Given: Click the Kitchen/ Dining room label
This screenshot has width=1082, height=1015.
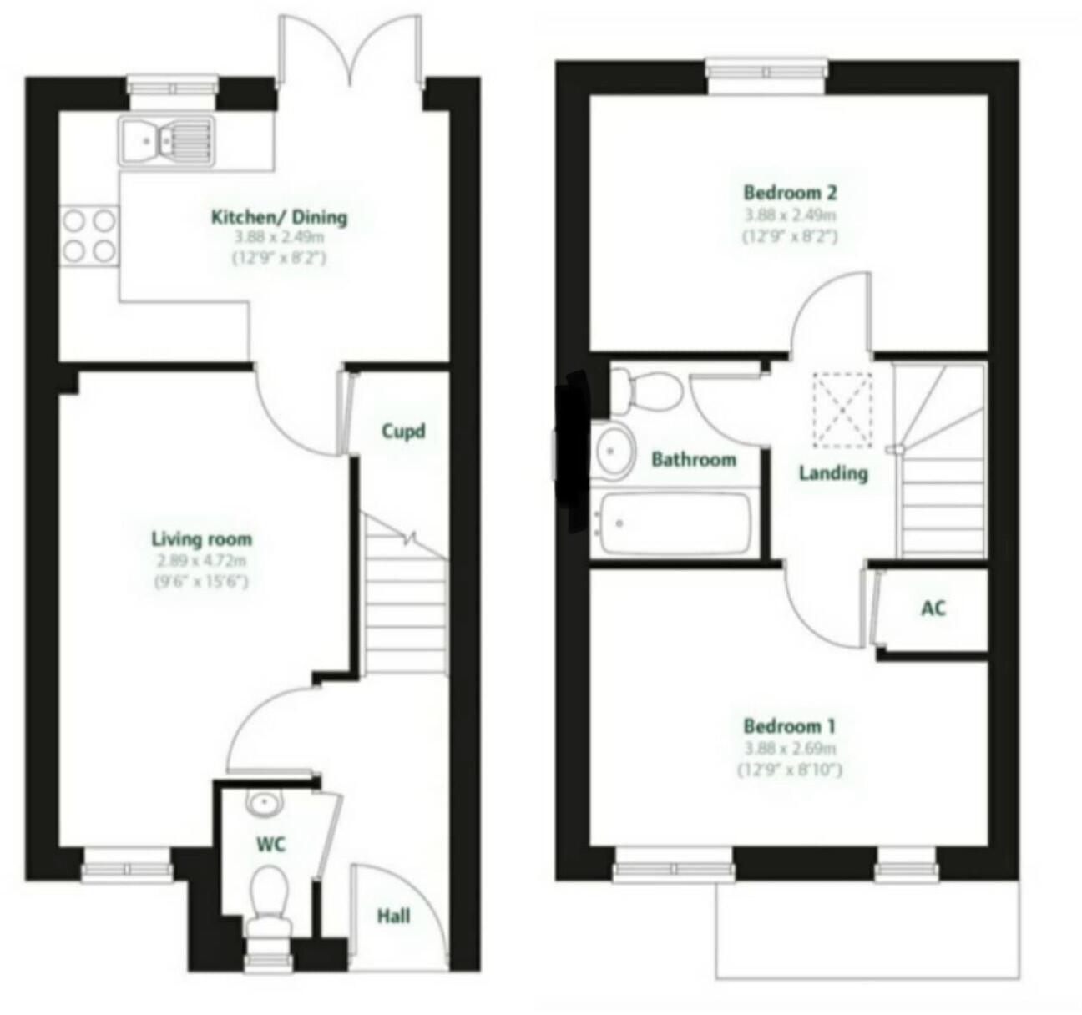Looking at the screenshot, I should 279,218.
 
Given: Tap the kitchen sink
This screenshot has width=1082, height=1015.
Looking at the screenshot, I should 166,140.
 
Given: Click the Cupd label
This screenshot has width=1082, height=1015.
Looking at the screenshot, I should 403,432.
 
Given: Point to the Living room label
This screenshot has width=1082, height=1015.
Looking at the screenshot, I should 201,539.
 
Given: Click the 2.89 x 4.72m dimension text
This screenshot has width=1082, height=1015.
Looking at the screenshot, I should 201,561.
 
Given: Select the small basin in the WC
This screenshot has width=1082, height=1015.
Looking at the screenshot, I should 261,804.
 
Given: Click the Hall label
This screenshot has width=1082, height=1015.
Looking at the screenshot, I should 393,917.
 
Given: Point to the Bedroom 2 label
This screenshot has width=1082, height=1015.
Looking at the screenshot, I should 790,193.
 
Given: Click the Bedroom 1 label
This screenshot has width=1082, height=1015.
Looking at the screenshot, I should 790,725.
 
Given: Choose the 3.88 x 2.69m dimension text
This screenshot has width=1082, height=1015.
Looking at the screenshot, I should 790,749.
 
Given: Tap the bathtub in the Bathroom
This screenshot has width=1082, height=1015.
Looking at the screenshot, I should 675,523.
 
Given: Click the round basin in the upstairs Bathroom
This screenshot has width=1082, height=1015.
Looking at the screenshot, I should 614,451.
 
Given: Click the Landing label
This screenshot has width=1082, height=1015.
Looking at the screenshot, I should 833,473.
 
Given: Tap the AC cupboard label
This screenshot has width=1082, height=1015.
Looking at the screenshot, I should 933,608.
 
